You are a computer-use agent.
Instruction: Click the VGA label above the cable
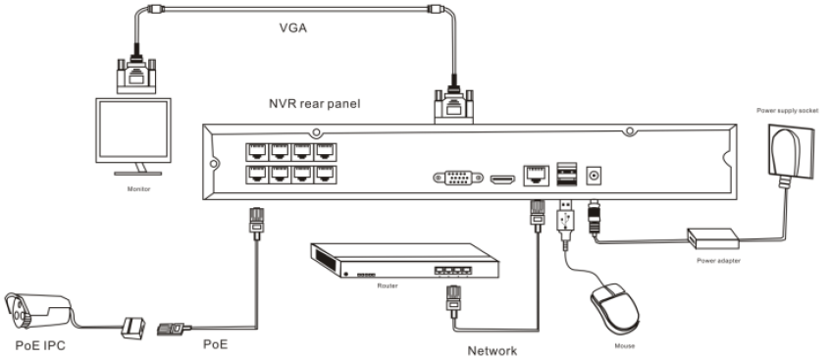(292, 27)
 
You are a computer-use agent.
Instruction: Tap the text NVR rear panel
(314, 103)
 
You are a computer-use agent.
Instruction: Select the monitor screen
(133, 129)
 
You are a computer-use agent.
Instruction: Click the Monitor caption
(138, 189)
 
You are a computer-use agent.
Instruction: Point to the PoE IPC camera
(37, 312)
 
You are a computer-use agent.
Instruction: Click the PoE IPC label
(40, 345)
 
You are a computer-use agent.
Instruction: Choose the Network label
(493, 350)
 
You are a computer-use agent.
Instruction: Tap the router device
(404, 260)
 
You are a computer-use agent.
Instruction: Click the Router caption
(388, 285)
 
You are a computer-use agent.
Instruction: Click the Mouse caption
(625, 346)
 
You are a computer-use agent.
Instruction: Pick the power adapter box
(713, 238)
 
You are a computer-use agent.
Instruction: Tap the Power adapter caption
(718, 261)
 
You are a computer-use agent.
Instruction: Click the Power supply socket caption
(787, 111)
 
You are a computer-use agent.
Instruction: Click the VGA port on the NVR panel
(458, 178)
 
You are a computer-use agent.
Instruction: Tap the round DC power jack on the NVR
(595, 176)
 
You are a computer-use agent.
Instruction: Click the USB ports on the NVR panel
(566, 175)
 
